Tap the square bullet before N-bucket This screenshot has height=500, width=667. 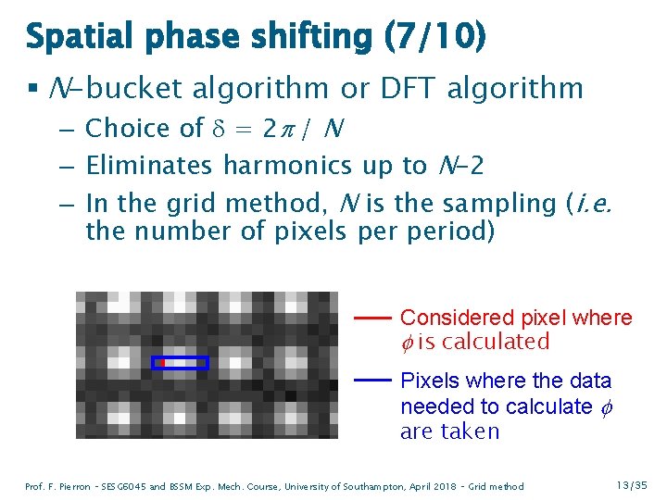(31, 90)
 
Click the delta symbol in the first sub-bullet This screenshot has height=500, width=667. (220, 129)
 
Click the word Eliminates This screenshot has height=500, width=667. (149, 166)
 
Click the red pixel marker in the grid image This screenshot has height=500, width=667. (159, 363)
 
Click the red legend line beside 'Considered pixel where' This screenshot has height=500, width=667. (371, 318)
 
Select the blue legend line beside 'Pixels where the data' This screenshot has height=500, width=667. (371, 381)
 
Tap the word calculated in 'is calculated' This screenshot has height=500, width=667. (496, 342)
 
